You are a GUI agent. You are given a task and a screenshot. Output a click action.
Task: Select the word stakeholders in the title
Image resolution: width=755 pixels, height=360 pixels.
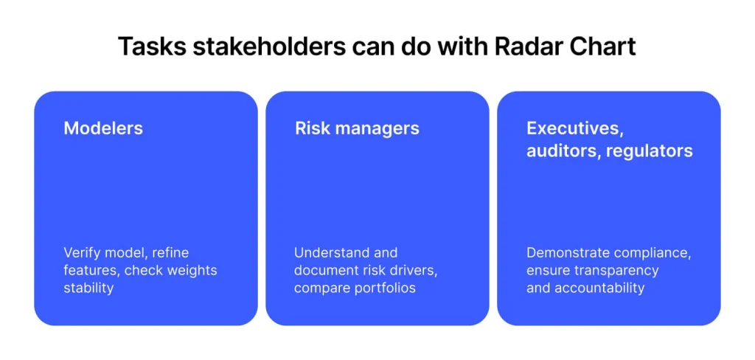(x=268, y=46)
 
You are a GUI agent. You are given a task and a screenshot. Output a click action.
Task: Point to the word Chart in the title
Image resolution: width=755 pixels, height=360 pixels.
(x=598, y=46)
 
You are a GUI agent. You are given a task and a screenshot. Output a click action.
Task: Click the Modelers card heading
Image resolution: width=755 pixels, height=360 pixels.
(x=103, y=128)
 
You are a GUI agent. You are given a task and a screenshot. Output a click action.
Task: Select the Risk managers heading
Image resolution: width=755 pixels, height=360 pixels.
(x=357, y=128)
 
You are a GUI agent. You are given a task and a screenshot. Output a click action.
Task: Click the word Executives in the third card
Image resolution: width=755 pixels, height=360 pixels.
(x=572, y=128)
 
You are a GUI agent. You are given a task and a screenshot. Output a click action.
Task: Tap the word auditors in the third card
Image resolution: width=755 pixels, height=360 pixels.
(x=564, y=150)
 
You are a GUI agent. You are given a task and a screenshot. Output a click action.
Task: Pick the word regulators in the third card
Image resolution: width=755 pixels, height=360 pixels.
(x=650, y=151)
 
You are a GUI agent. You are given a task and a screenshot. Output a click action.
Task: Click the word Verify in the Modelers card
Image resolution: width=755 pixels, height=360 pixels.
(x=78, y=252)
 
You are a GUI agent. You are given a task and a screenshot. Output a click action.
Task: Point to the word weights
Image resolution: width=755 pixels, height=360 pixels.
(x=192, y=270)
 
